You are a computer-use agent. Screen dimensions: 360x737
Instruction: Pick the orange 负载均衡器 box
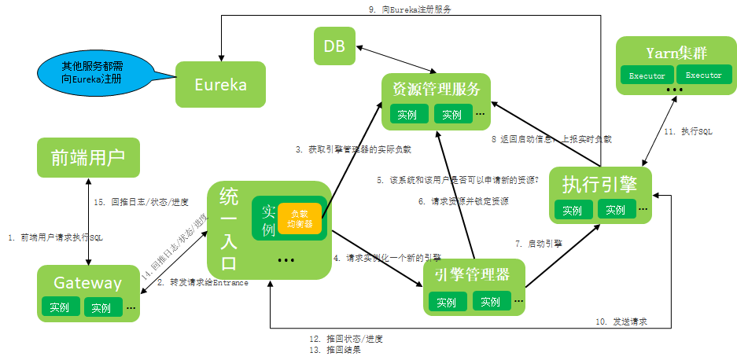300,218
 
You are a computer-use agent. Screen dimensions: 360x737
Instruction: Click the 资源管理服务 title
436,88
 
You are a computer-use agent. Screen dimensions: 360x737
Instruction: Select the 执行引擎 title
600,183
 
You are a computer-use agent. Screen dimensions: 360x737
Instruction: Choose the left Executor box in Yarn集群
647,75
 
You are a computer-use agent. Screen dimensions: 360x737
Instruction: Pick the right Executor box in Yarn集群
703,75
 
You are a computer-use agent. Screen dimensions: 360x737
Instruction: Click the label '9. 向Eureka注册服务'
410,9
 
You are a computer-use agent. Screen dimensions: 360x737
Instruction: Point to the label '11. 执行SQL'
687,131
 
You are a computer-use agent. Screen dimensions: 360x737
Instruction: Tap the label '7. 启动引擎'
539,244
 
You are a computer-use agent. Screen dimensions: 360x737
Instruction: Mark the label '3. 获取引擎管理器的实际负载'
353,149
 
